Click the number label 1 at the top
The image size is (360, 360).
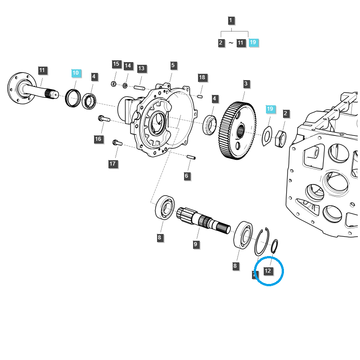pos(231,21)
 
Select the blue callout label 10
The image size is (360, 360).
pos(75,73)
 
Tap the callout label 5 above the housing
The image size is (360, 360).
pos(173,66)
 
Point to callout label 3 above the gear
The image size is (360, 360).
pos(246,84)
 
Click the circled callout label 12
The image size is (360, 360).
pos(268,271)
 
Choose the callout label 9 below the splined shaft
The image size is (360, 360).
pos(196,244)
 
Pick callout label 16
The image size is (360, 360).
pos(98,139)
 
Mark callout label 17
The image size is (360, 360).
pos(112,164)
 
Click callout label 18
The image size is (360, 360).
pos(202,77)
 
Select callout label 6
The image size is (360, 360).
pos(187,176)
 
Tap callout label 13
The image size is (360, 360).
pos(141,68)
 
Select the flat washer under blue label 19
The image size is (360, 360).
pos(267,136)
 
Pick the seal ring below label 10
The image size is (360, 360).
pos(73,99)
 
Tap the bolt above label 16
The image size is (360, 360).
pos(103,119)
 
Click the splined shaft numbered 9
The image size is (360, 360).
pos(202,220)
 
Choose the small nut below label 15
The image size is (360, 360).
pos(114,84)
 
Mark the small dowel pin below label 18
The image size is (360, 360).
pos(200,95)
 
